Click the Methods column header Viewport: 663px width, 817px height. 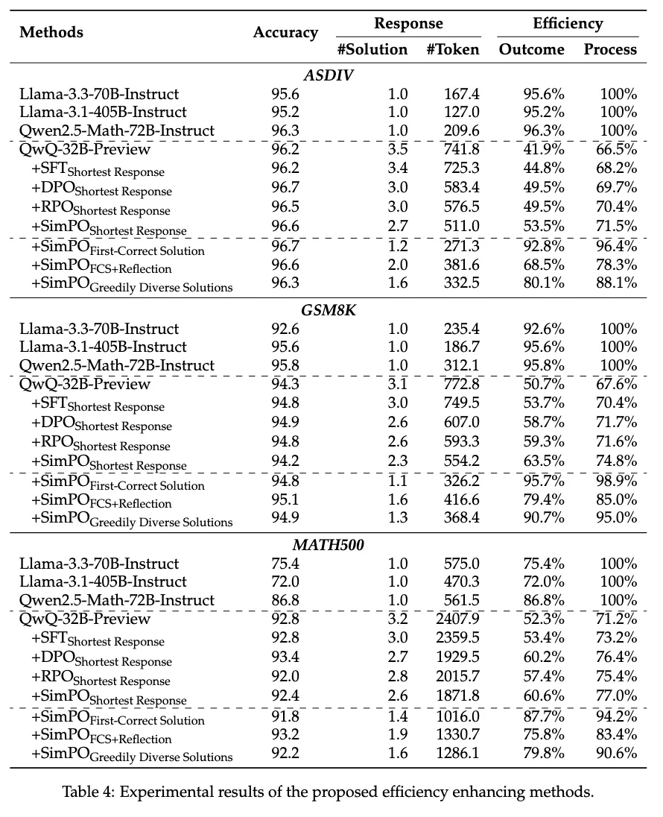click(x=51, y=32)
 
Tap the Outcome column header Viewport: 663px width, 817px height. click(x=531, y=50)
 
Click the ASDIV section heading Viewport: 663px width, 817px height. click(x=329, y=75)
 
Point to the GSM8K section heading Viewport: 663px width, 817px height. click(x=329, y=310)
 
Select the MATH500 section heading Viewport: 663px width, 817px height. click(x=329, y=545)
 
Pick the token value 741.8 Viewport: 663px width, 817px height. click(x=462, y=149)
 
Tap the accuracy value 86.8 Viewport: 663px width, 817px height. click(x=285, y=600)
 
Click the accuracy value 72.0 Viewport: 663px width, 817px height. click(x=285, y=581)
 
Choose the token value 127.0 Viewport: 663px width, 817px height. click(x=462, y=113)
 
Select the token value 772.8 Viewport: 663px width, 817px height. click(x=462, y=384)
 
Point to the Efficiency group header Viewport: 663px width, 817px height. click(x=568, y=24)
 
